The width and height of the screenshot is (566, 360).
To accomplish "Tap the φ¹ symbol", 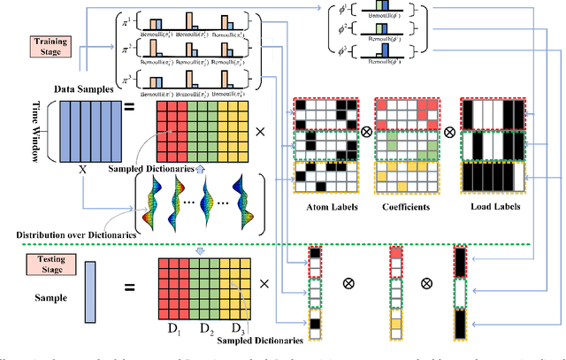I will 340,13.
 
